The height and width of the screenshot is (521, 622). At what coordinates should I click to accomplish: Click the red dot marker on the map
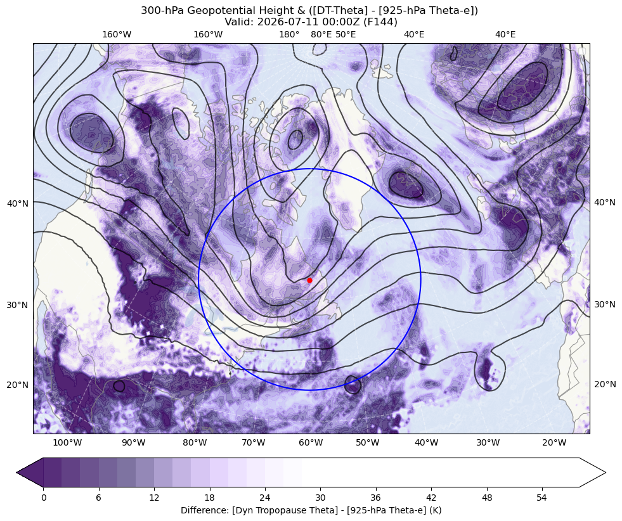pos(309,280)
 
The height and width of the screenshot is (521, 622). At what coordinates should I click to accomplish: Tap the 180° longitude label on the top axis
pos(289,34)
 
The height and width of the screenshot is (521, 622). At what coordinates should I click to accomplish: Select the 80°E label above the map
pos(321,34)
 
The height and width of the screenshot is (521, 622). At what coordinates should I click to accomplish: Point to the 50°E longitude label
pos(346,34)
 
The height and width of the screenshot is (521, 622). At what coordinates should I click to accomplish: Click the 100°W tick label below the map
pos(67,442)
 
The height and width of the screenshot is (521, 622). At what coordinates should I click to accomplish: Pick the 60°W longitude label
pos(311,442)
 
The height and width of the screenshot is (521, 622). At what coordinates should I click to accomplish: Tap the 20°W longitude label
pos(554,442)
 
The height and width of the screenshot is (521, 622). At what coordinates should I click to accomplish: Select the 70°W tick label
pos(253,442)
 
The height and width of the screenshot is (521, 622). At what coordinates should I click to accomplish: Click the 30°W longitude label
pos(488,442)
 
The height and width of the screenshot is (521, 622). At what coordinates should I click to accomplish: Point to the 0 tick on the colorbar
pos(44,498)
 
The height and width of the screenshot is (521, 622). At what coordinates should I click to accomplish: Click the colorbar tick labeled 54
pos(542,498)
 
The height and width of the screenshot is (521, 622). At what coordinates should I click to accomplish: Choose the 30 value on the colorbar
pos(320,498)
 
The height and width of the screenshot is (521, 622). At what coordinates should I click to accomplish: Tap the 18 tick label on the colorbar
pos(209,498)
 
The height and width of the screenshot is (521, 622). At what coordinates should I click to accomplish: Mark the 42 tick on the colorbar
pos(431,498)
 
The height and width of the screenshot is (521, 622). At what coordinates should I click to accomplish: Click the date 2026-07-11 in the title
pos(280,22)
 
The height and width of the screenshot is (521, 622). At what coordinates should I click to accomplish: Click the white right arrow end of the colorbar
pos(591,472)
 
